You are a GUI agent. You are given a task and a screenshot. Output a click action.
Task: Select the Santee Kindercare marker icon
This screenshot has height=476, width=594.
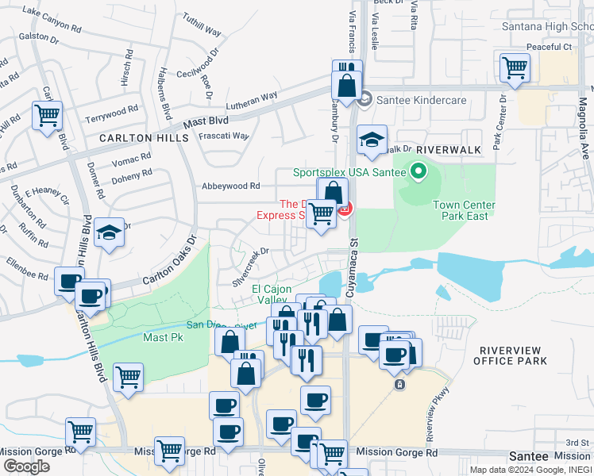click(x=364, y=99)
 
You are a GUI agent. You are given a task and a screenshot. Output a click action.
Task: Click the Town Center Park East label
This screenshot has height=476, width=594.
click(x=464, y=210)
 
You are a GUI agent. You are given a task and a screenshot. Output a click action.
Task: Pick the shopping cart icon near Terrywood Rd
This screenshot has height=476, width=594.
click(x=47, y=114)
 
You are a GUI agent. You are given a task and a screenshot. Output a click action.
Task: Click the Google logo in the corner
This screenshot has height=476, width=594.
click(x=26, y=466)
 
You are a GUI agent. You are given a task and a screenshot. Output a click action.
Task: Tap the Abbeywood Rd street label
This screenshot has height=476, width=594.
click(x=231, y=186)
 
